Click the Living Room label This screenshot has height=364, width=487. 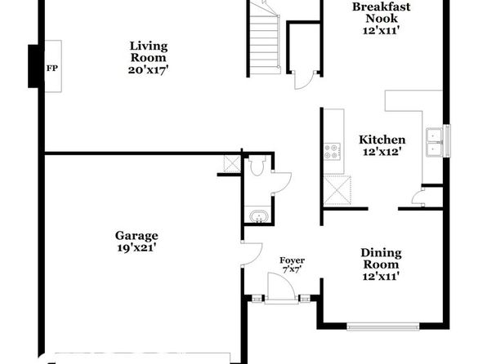149,58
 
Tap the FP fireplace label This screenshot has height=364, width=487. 52,69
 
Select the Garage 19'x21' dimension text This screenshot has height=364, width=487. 136,248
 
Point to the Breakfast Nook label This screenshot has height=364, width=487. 381,18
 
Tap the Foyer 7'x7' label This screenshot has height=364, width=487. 292,264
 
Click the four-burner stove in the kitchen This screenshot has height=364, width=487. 333,151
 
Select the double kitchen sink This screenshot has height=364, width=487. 435,142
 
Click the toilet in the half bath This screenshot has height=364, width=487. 257,166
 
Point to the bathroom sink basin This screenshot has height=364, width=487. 258,216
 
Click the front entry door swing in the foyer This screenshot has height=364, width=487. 281,286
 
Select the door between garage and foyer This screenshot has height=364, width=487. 252,254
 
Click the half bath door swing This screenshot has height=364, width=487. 282,183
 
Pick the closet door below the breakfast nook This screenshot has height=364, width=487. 304,80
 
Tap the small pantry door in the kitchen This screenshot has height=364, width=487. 417,198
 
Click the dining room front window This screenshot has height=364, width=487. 383,326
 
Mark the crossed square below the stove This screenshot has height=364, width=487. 337,190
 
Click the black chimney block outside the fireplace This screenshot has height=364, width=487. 34,66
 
